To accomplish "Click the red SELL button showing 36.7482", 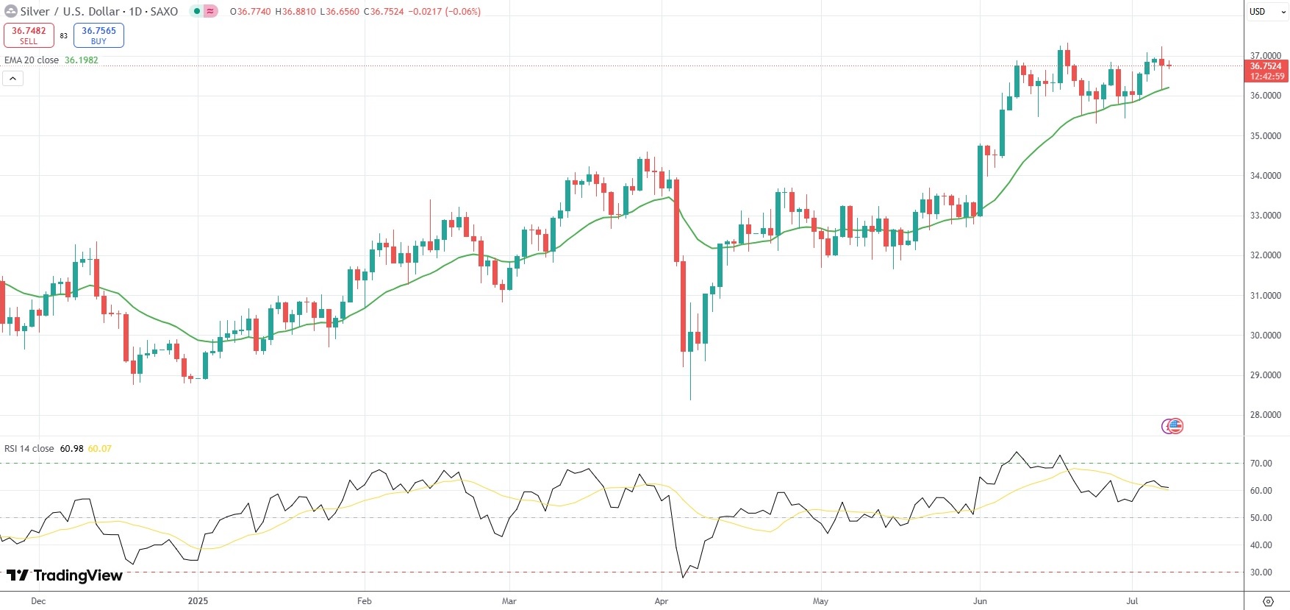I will pos(29,35).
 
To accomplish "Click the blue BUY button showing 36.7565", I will pos(98,35).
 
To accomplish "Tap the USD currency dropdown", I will pos(1266,11).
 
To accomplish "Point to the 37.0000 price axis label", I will pos(1265,56).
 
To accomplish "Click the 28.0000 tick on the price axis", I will pos(1265,415).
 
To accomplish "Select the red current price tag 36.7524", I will pos(1265,66).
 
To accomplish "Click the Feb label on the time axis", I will pos(365,601).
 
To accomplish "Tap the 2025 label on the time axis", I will pos(198,601).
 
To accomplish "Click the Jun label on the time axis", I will pos(980,601).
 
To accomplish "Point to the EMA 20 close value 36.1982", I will pos(82,60).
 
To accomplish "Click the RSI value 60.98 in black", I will pos(71,449).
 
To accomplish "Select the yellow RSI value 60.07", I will pos(99,449).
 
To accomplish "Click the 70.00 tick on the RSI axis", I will pos(1261,464).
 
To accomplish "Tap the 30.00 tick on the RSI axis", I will pos(1261,572).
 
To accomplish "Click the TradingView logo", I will pos(65,575).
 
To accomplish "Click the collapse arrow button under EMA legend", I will pos(13,78).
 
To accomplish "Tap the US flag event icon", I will pos(1174,426).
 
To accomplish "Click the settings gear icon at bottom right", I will pos(1268,601).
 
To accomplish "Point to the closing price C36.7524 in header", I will pos(384,12).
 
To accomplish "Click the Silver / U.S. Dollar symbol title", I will pos(99,12).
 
